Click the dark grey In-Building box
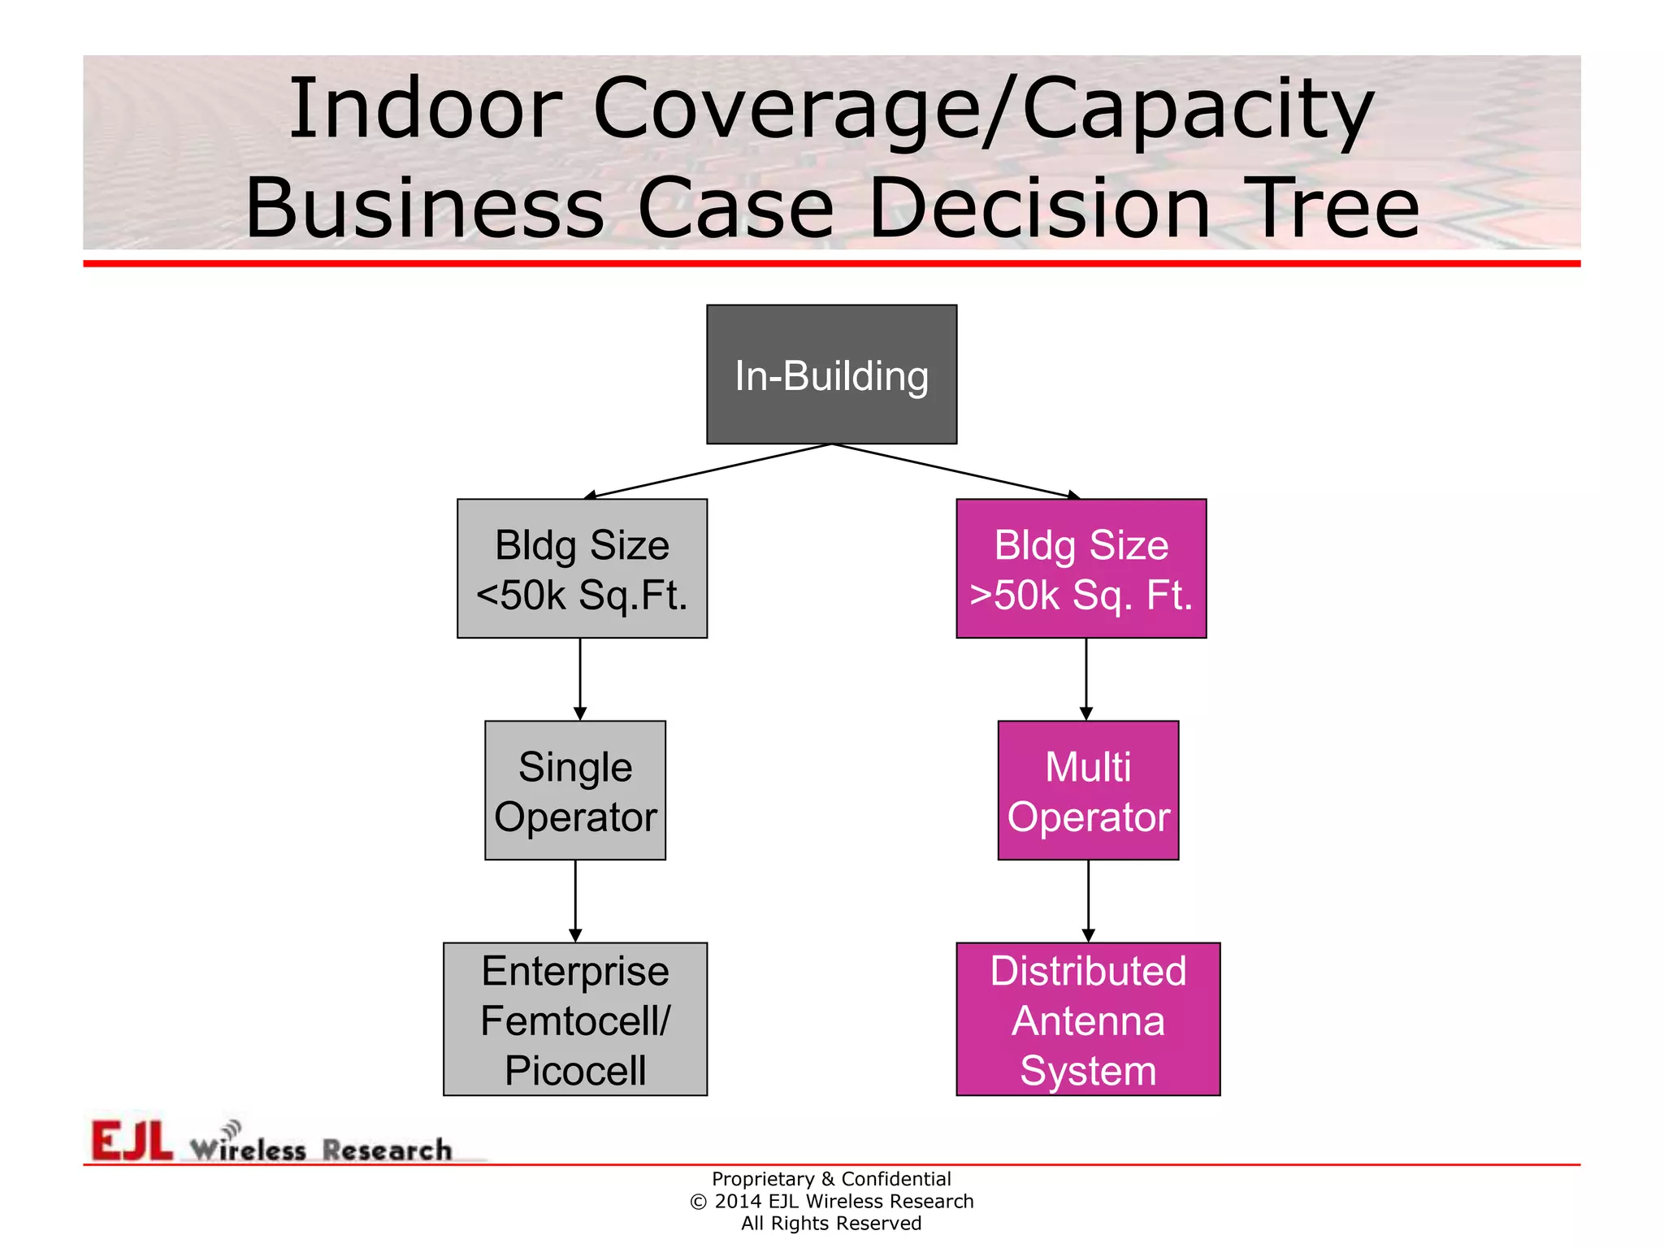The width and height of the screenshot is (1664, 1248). [831, 375]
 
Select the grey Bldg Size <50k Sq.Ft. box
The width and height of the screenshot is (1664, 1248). [582, 569]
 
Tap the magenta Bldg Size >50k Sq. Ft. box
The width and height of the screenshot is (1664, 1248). [1081, 569]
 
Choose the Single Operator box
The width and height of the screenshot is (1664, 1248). [575, 791]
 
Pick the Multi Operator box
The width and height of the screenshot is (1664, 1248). [1088, 791]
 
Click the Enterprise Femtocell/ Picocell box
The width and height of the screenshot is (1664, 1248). [575, 1019]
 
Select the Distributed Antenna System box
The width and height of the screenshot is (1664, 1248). [1088, 1019]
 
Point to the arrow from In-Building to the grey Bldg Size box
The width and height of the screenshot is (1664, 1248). [707, 470]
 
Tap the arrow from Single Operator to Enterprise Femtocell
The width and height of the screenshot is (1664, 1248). [575, 901]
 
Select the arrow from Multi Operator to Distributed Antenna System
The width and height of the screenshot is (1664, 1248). [1089, 901]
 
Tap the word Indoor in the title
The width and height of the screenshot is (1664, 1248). [425, 110]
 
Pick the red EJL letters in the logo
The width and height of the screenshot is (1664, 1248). [132, 1141]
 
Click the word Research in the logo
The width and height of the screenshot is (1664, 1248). [387, 1150]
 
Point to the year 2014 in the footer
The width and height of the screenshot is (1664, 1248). [738, 1202]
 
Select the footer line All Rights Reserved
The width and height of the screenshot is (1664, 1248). [831, 1224]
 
